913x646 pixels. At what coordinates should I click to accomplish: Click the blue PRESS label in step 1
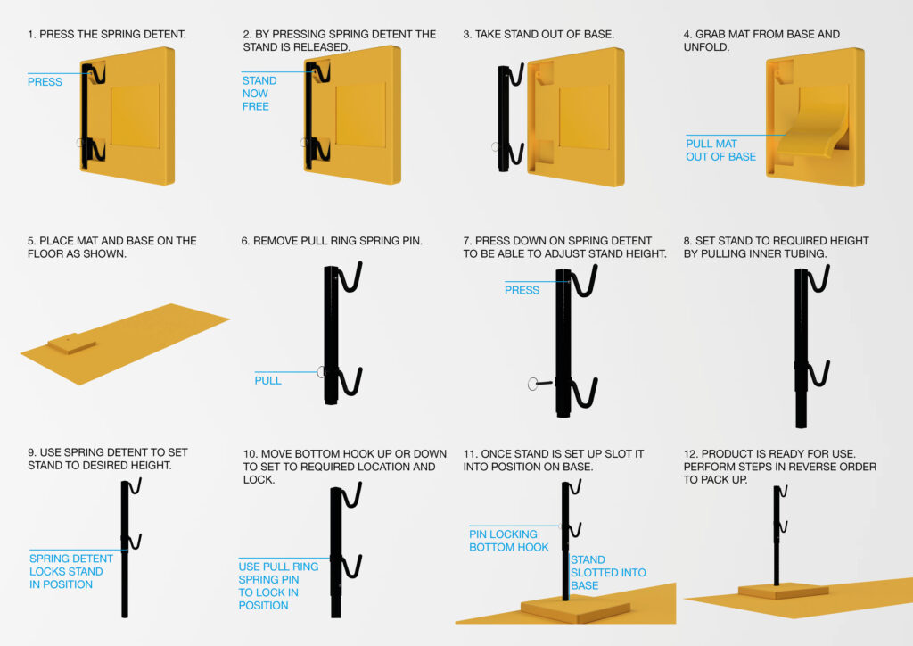pyautogui.click(x=45, y=82)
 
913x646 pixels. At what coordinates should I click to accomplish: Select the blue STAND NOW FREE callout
pyautogui.click(x=259, y=93)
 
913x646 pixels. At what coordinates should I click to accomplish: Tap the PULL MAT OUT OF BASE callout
pyautogui.click(x=720, y=150)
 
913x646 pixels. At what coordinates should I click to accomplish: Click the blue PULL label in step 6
pyautogui.click(x=267, y=380)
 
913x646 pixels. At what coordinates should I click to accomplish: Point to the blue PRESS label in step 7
pyautogui.click(x=522, y=290)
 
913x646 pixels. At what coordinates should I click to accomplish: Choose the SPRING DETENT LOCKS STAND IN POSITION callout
pyautogui.click(x=71, y=571)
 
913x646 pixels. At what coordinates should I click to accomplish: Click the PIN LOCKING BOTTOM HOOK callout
pyautogui.click(x=508, y=541)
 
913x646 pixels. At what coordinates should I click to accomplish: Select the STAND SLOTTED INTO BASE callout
pyautogui.click(x=608, y=573)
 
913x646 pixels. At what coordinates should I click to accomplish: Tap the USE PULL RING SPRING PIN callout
pyautogui.click(x=278, y=586)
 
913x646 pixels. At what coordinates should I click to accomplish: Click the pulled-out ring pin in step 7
pyautogui.click(x=539, y=384)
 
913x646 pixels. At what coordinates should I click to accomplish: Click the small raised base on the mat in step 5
pyautogui.click(x=72, y=344)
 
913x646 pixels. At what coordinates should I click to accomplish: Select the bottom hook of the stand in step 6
pyautogui.click(x=350, y=383)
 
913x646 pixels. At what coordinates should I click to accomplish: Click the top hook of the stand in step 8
pyautogui.click(x=819, y=279)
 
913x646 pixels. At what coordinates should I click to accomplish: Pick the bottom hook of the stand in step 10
pyautogui.click(x=351, y=567)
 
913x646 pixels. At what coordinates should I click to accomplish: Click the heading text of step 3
pyautogui.click(x=539, y=35)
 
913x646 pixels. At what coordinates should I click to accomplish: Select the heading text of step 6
pyautogui.click(x=332, y=241)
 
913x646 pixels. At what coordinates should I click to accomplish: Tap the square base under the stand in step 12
pyautogui.click(x=783, y=592)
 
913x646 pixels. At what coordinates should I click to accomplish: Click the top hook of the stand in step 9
pyautogui.click(x=136, y=486)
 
